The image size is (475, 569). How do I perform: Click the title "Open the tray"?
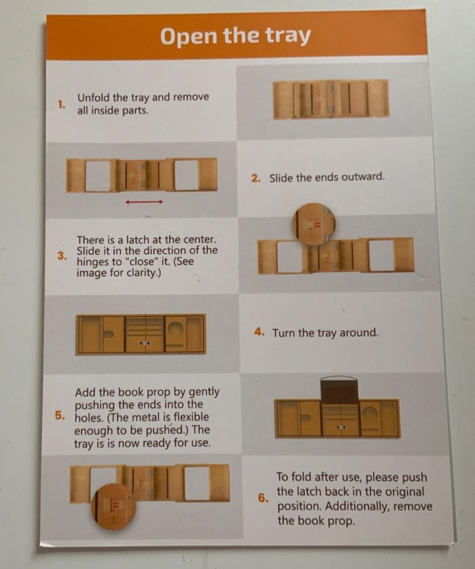235,36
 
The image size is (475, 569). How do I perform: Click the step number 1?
62,105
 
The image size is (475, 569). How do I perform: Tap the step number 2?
256,178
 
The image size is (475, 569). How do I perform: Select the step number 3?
62,256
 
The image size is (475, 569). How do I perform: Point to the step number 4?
259,332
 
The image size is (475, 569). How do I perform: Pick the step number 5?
60,415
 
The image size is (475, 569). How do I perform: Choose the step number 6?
263,498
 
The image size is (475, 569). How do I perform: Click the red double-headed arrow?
144,202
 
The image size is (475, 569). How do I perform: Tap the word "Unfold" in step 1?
93,98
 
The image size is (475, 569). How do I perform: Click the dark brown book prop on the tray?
339,390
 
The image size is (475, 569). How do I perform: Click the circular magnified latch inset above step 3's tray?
314,224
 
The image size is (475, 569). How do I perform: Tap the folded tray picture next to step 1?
331,99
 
